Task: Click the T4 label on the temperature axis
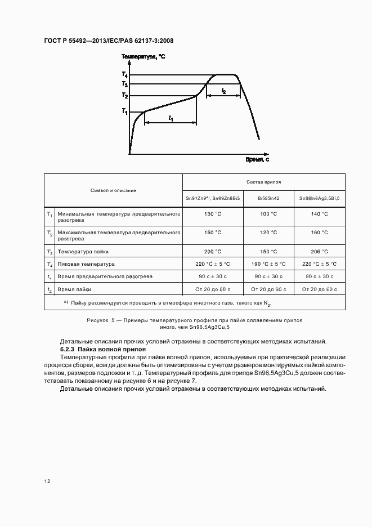(x=124, y=75)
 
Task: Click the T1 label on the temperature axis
(x=124, y=111)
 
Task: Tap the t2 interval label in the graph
(x=223, y=91)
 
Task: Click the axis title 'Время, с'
(x=257, y=160)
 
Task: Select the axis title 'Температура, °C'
(x=144, y=57)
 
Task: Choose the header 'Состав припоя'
(x=264, y=182)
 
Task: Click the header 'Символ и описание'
(x=114, y=190)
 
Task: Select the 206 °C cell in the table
(x=319, y=252)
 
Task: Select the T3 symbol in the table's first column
(x=50, y=252)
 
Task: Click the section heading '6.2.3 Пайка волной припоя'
(x=102, y=350)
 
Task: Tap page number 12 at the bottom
(x=47, y=481)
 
